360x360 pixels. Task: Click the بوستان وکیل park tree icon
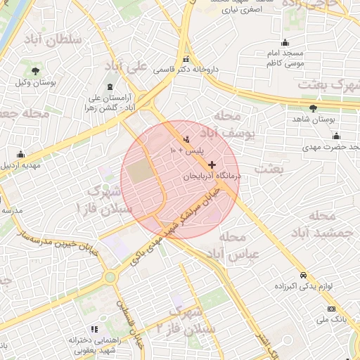(x=35, y=71)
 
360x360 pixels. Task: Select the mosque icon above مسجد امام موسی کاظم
(x=285, y=43)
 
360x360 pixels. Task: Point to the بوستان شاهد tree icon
(x=313, y=108)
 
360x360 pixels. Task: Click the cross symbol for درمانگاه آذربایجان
(x=212, y=165)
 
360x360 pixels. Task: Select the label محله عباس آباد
(x=239, y=245)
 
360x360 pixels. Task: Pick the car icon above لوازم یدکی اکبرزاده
(x=302, y=275)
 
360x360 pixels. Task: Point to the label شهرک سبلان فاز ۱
(x=105, y=200)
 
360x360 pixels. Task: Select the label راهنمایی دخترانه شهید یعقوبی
(x=96, y=345)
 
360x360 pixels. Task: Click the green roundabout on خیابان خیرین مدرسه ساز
(x=110, y=278)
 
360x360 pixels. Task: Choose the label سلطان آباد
(x=53, y=39)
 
